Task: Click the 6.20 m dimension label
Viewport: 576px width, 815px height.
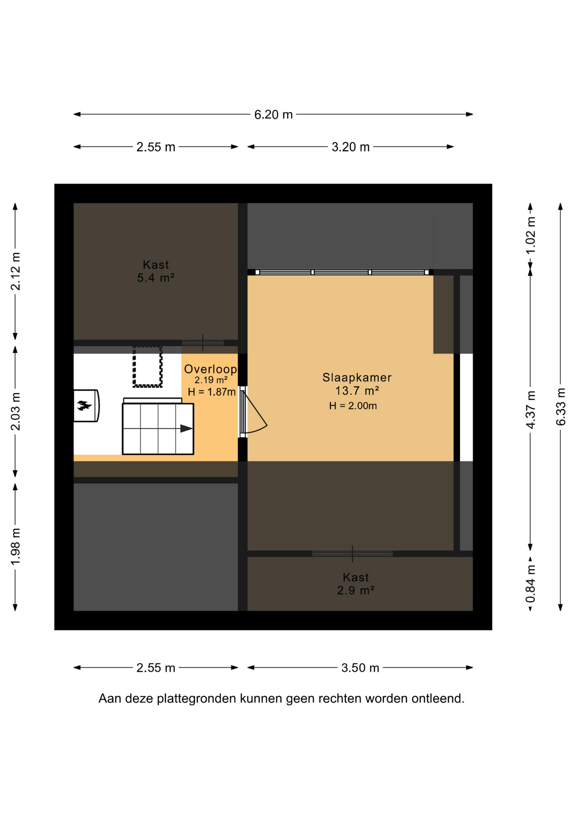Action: coord(273,115)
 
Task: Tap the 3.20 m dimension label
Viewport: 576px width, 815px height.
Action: coord(350,147)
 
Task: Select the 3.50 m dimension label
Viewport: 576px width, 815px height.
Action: coord(360,668)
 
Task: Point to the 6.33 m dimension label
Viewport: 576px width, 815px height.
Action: coord(561,407)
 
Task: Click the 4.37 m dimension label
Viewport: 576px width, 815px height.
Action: coord(531,410)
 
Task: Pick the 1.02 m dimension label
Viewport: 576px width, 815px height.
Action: coord(531,235)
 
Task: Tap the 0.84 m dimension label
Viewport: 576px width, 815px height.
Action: coord(531,584)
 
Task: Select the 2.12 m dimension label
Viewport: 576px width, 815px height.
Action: coord(16,271)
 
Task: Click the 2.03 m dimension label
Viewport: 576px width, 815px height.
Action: coord(16,411)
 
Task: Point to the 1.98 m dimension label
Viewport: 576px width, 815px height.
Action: coord(16,547)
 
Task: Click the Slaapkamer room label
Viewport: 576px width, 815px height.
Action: coord(357,377)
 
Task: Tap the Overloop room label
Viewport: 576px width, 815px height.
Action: coord(210,369)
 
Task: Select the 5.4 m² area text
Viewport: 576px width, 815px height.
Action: coord(156,278)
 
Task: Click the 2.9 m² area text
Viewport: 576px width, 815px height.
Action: coord(355,590)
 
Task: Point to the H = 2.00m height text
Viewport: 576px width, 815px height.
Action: coord(353,406)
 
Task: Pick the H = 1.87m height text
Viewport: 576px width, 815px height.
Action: coord(212,392)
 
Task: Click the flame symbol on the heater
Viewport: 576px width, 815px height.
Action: coord(84,405)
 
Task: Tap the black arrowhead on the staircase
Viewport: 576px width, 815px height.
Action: coord(186,429)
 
